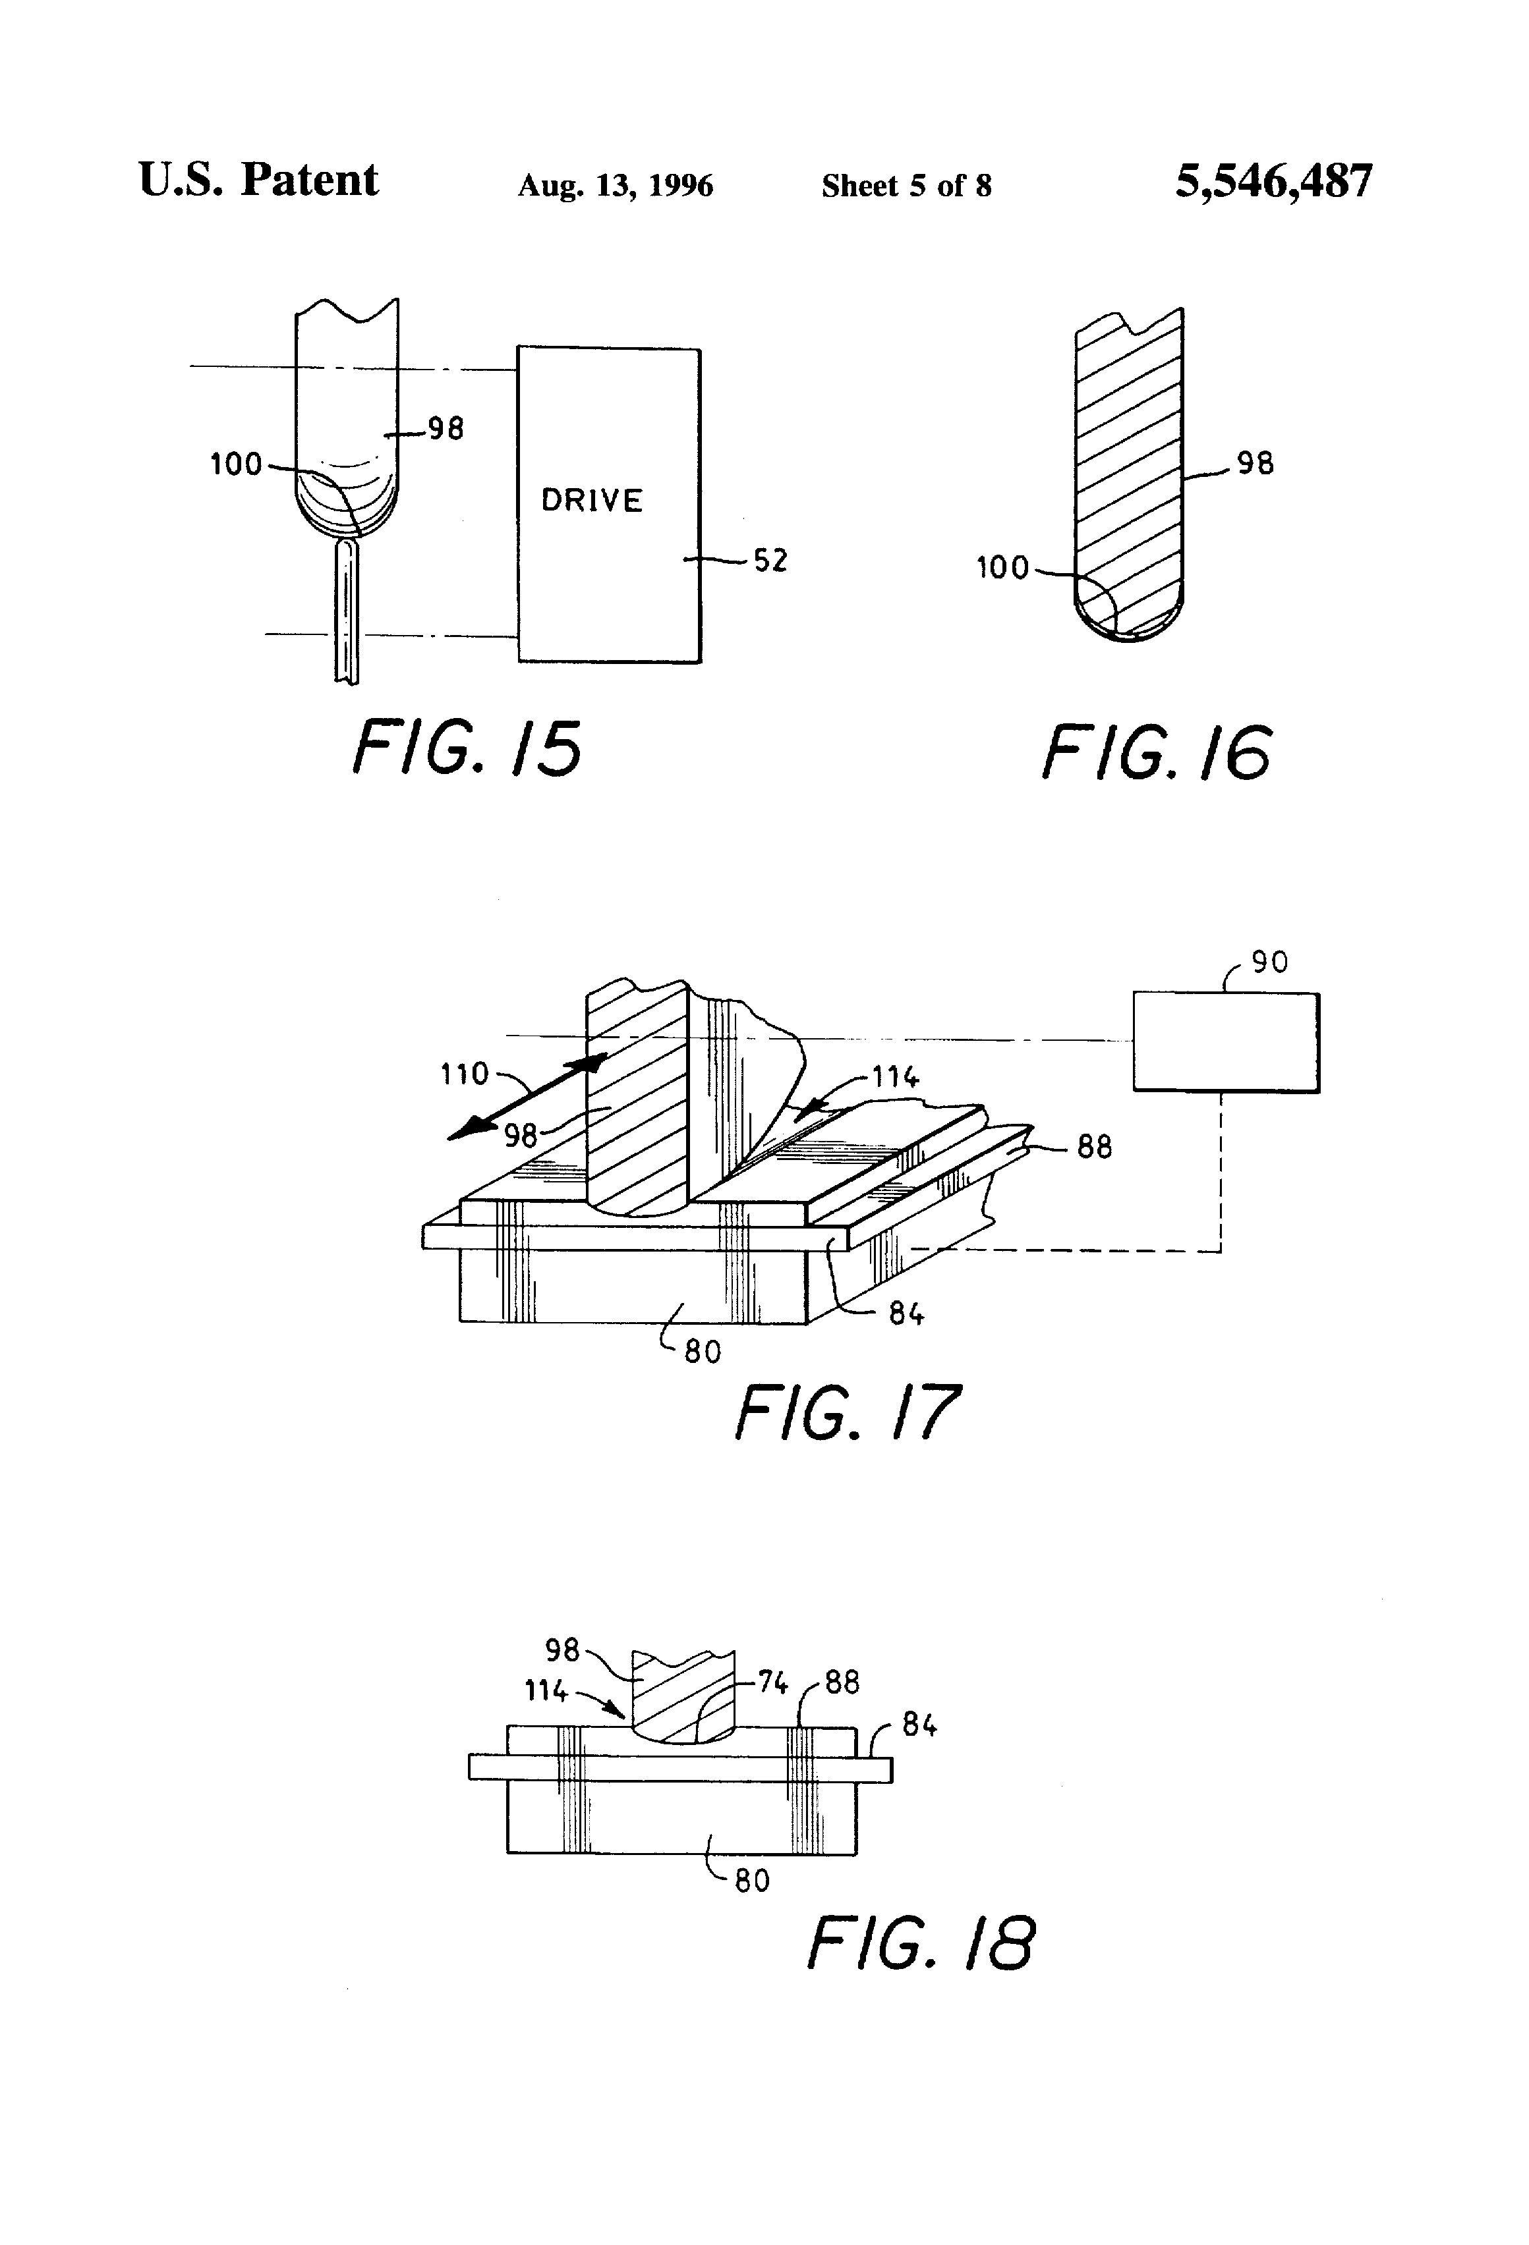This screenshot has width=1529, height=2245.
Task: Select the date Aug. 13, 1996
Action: [615, 186]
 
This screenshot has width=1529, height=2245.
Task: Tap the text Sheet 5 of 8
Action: [907, 186]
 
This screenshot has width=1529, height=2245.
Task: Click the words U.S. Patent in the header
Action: [258, 180]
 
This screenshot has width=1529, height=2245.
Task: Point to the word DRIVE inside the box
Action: [591, 501]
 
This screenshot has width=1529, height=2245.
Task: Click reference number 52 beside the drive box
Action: [770, 561]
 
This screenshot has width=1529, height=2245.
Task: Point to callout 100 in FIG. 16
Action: [1002, 567]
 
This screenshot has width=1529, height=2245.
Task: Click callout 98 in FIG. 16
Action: [1255, 464]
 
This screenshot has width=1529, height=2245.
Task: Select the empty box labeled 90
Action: [1226, 1041]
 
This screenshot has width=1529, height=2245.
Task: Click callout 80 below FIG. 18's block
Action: [752, 1880]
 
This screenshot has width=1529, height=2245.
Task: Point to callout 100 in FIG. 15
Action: [236, 464]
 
